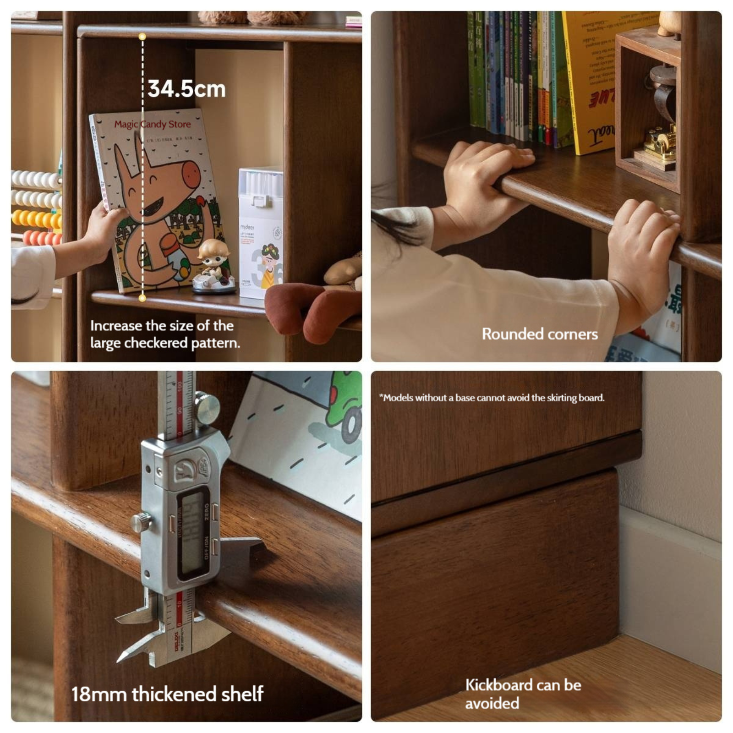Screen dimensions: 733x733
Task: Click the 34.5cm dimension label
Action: pyautogui.click(x=186, y=89)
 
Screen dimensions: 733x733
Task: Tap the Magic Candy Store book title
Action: pyautogui.click(x=152, y=124)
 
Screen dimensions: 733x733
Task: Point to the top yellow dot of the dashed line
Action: pyautogui.click(x=142, y=36)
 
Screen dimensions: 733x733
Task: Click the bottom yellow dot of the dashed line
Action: pyautogui.click(x=142, y=298)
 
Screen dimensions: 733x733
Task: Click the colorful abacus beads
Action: pyautogui.click(x=36, y=206)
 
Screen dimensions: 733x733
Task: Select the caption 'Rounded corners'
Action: pyautogui.click(x=540, y=334)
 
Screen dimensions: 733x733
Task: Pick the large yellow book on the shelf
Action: pyautogui.click(x=591, y=78)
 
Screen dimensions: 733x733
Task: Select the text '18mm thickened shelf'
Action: pyautogui.click(x=167, y=694)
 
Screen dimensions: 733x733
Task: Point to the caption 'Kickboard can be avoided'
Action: pyautogui.click(x=523, y=694)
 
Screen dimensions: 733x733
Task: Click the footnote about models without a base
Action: pyautogui.click(x=492, y=398)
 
